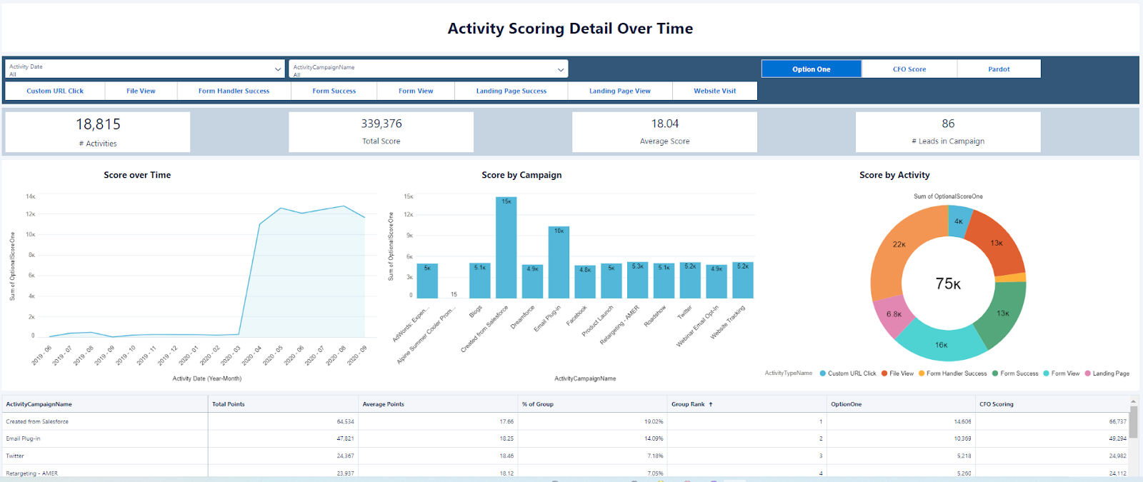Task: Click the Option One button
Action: pyautogui.click(x=811, y=69)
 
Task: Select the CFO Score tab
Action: pyautogui.click(x=909, y=69)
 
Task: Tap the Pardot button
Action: pyautogui.click(x=999, y=69)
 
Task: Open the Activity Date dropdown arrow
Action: pyautogui.click(x=278, y=69)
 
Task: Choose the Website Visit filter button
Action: pyautogui.click(x=714, y=91)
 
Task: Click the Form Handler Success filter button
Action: pyautogui.click(x=234, y=91)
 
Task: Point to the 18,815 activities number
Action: pyautogui.click(x=98, y=124)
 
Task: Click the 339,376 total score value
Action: pyautogui.click(x=381, y=124)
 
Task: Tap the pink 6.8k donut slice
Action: pyautogui.click(x=893, y=315)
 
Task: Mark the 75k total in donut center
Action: pyautogui.click(x=948, y=283)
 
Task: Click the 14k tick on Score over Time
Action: pyautogui.click(x=30, y=196)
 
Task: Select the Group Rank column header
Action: pyautogui.click(x=688, y=404)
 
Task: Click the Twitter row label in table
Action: pyautogui.click(x=15, y=456)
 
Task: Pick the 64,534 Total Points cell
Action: pyautogui.click(x=345, y=421)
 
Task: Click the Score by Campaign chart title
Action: pyautogui.click(x=521, y=175)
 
